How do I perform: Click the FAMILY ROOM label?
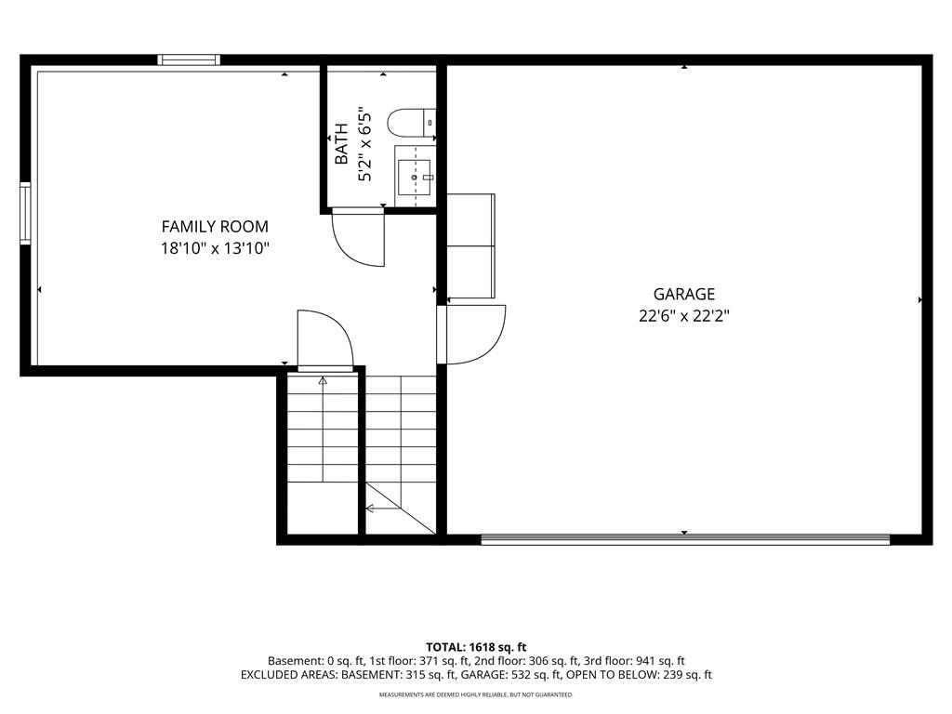coord(215,227)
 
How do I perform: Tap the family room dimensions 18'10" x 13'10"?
coord(215,248)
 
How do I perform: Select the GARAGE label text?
coord(684,295)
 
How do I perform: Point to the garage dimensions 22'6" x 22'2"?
coord(684,316)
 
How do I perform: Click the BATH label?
coord(342,143)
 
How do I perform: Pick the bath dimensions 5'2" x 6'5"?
coord(364,146)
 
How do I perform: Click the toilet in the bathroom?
coord(412,123)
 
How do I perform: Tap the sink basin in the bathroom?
coord(414,178)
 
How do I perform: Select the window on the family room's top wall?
coord(189,59)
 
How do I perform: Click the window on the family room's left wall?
coord(25,213)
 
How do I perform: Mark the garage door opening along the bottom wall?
coord(685,539)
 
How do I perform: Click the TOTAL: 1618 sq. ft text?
coord(476,647)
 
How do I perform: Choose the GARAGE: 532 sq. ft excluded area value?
coord(511,675)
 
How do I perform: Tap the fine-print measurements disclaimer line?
coord(476,694)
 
